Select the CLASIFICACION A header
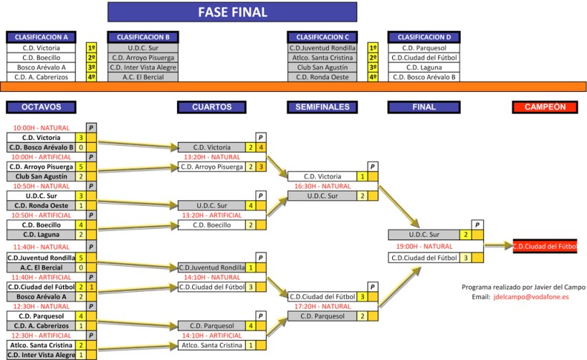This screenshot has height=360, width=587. coord(41,37)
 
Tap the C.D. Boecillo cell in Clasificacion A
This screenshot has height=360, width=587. coord(41,57)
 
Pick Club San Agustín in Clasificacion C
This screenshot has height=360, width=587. coord(322,67)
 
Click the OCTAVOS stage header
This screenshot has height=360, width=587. coord(41,107)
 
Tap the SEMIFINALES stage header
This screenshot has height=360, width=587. coord(322,107)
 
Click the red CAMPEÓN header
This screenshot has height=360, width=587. coord(545,107)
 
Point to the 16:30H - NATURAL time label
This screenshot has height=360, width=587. coord(322,186)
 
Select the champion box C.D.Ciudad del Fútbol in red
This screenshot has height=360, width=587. coord(545,246)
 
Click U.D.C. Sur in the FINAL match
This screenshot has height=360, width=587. coord(423,235)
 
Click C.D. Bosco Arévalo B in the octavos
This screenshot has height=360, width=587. coord(41,147)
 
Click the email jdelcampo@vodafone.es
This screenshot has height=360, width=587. coord(530,296)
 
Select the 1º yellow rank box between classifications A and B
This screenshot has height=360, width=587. coord(91,47)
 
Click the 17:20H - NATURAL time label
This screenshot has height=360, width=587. coord(322,305)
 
